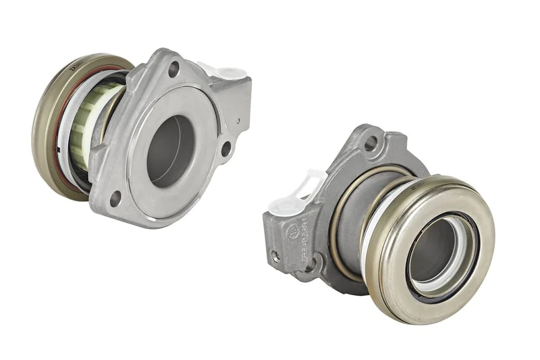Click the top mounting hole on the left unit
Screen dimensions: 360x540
173,68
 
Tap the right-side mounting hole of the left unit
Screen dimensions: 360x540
225,149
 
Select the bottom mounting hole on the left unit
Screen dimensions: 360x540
115,199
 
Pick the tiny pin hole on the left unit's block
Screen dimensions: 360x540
238,122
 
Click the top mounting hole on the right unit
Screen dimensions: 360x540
370,143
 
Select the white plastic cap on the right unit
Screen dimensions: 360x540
300,190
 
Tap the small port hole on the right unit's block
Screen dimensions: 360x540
275,256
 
